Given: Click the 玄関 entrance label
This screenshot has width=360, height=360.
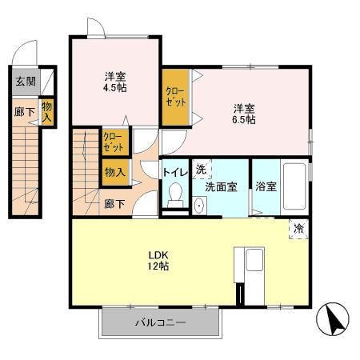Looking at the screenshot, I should (25, 80).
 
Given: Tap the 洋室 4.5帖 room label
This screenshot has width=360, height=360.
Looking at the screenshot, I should (115, 82).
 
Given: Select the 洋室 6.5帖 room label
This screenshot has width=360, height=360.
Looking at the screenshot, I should (245, 113).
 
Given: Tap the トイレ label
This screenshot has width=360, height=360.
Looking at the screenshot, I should (175, 171).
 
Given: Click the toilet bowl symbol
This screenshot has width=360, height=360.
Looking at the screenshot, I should (176, 194).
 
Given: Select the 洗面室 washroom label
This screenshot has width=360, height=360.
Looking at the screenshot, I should (221, 186).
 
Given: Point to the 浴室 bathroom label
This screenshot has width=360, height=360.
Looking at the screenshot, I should (266, 186).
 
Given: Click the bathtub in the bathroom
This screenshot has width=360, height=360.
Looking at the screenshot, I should (295, 187).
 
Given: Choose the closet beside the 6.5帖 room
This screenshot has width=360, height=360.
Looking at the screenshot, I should (175, 98).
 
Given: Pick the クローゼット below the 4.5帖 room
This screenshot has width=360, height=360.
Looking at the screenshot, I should (113, 143).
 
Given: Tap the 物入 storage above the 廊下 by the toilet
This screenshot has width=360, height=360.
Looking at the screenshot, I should (114, 171).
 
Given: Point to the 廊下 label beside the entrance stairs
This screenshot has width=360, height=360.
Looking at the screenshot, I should (24, 112).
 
